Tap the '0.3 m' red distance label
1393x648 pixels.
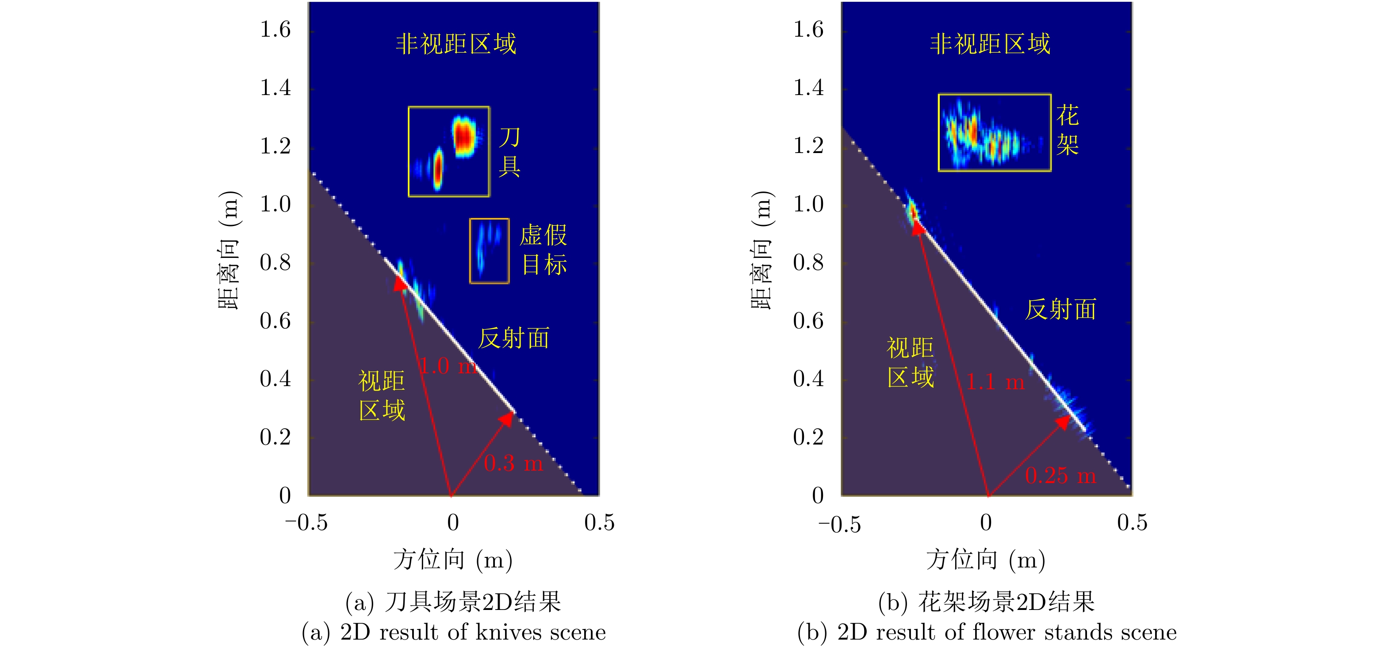point(513,464)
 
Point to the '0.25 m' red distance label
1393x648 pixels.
point(1060,476)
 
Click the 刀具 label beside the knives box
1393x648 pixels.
point(509,152)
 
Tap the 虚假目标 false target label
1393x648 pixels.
point(543,250)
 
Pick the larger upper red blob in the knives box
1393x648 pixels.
point(463,136)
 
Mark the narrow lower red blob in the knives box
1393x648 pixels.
point(438,169)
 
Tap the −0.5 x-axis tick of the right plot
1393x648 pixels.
point(839,524)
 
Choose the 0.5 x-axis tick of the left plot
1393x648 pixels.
point(599,522)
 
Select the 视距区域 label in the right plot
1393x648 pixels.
point(911,362)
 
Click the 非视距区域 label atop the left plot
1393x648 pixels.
point(455,44)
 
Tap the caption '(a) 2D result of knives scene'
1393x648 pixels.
point(454,632)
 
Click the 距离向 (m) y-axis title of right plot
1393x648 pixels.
point(762,250)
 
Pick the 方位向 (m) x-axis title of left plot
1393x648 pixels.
point(453,559)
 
